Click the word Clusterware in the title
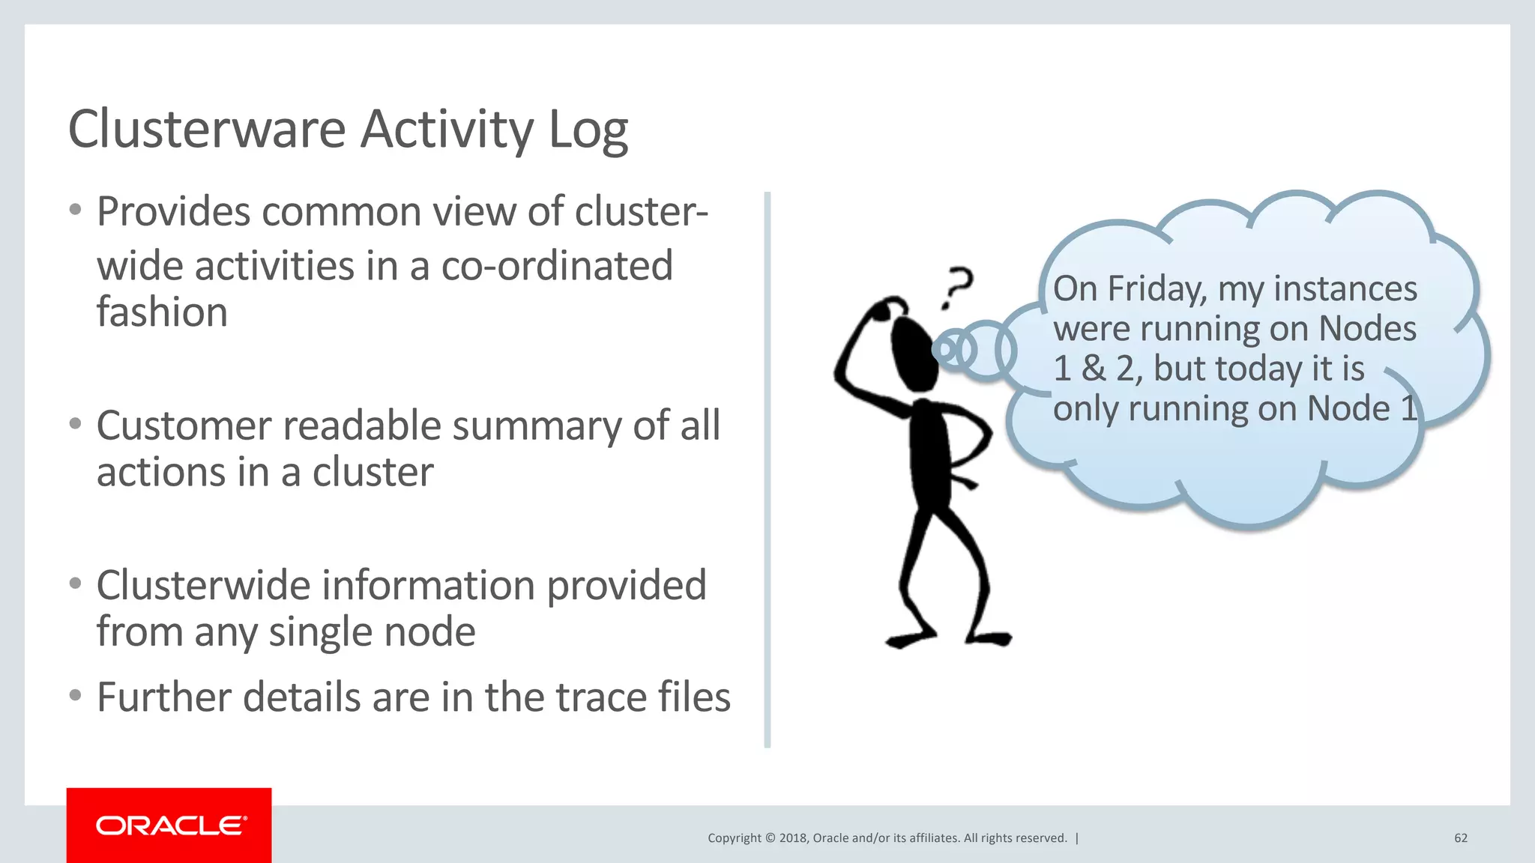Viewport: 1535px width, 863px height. click(x=206, y=130)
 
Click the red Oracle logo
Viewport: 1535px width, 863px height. click(x=169, y=826)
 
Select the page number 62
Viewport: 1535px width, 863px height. click(x=1461, y=838)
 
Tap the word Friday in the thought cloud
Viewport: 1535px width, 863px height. click(x=1156, y=289)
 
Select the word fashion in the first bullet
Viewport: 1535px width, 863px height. click(x=162, y=312)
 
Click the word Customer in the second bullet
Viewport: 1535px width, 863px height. click(x=183, y=426)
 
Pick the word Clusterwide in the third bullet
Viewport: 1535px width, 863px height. click(x=202, y=585)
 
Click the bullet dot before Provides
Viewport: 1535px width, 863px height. click(x=75, y=211)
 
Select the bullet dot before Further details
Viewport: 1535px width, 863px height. click(x=75, y=696)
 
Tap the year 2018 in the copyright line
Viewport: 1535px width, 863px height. click(x=792, y=838)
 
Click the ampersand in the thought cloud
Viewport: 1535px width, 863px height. click(x=1094, y=369)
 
